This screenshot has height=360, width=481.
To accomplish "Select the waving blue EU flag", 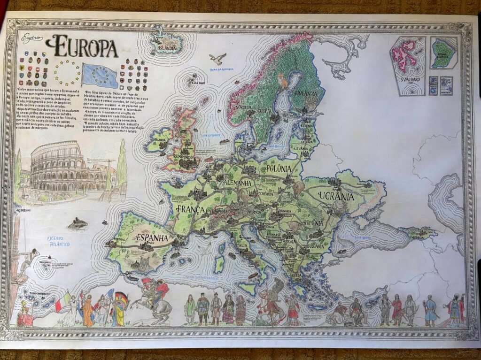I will click(100, 76).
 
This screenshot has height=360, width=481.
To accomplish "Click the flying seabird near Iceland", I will click(217, 58).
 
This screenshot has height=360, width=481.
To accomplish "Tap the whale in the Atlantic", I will click(78, 224).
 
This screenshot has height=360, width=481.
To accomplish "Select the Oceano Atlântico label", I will click(59, 242).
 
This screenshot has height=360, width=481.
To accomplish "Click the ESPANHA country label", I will click(152, 238).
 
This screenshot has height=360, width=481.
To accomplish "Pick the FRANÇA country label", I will click(191, 209).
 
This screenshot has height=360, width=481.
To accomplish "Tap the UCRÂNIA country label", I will click(335, 196).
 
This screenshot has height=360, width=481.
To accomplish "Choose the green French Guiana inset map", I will click(443, 53).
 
